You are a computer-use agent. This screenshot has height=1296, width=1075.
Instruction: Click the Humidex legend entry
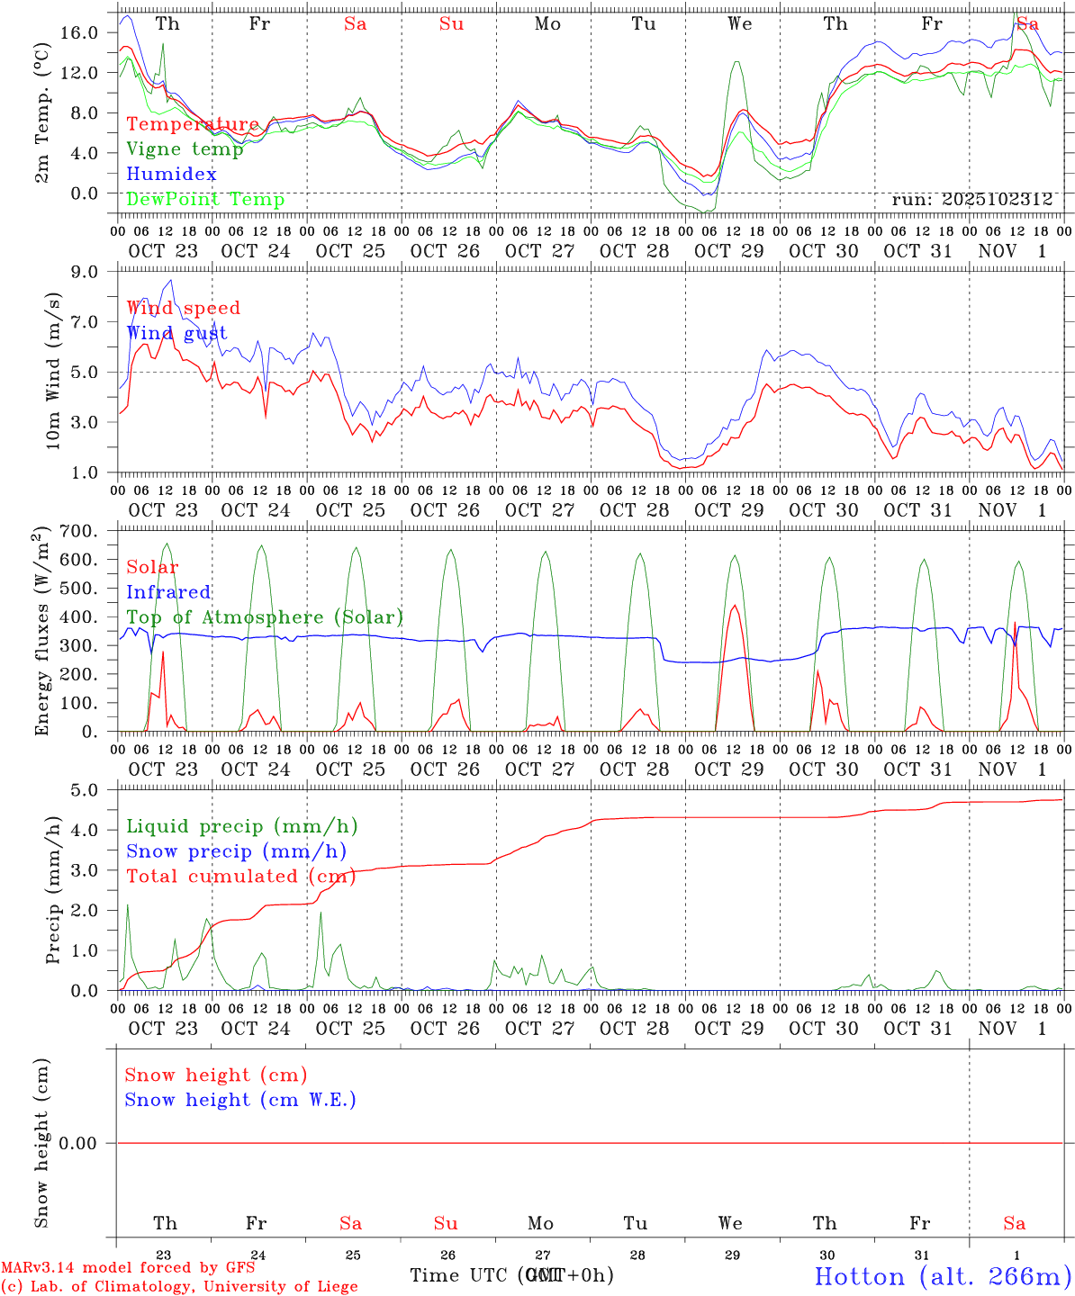(171, 175)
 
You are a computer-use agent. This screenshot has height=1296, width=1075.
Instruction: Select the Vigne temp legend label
(185, 149)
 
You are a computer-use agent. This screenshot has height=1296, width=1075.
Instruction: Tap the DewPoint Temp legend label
(205, 200)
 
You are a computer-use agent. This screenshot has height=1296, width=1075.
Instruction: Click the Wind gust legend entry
(176, 333)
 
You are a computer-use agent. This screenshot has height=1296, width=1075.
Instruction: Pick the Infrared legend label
(168, 592)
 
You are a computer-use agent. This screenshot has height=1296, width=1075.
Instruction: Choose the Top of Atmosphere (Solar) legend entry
(265, 617)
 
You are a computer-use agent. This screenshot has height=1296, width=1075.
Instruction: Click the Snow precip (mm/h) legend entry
(236, 851)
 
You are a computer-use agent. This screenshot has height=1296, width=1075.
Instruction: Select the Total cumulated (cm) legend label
(240, 877)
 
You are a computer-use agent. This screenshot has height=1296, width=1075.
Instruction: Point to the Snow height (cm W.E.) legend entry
(240, 1100)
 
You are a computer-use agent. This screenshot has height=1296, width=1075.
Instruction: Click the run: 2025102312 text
(971, 200)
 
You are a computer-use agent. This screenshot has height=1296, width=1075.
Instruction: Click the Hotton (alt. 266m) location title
(942, 1276)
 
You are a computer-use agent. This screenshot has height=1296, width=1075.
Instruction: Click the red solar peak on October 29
(735, 606)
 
